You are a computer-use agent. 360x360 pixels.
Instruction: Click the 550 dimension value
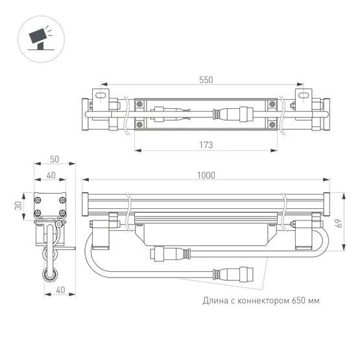pyautogui.click(x=206, y=80)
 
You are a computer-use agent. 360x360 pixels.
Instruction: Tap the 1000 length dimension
pyautogui.click(x=206, y=175)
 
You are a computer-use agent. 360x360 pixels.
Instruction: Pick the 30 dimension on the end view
pyautogui.click(x=19, y=205)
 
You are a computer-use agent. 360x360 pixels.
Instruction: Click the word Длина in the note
pyautogui.click(x=217, y=301)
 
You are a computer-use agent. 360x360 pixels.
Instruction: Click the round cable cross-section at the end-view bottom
pyautogui.click(x=49, y=277)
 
